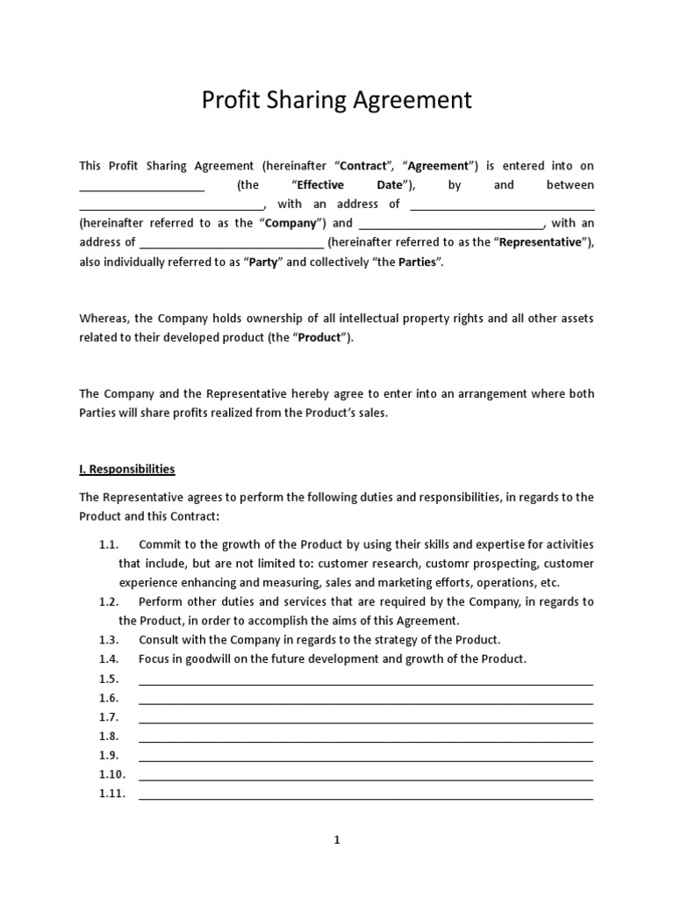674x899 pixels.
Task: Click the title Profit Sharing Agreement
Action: pos(337,100)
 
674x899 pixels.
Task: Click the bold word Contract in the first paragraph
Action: pos(362,165)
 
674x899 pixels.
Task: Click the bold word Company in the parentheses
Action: pos(290,223)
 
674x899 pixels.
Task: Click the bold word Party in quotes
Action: pos(262,262)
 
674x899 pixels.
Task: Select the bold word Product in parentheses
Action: pos(320,337)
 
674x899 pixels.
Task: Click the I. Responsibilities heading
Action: pos(127,469)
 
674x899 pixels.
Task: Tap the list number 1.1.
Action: pos(109,544)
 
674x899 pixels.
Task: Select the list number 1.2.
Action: pos(109,601)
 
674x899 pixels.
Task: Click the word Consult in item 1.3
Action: pos(159,639)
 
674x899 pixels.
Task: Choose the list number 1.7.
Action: pos(109,717)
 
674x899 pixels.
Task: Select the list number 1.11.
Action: pos(112,794)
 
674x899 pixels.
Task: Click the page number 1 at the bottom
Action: pos(337,840)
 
